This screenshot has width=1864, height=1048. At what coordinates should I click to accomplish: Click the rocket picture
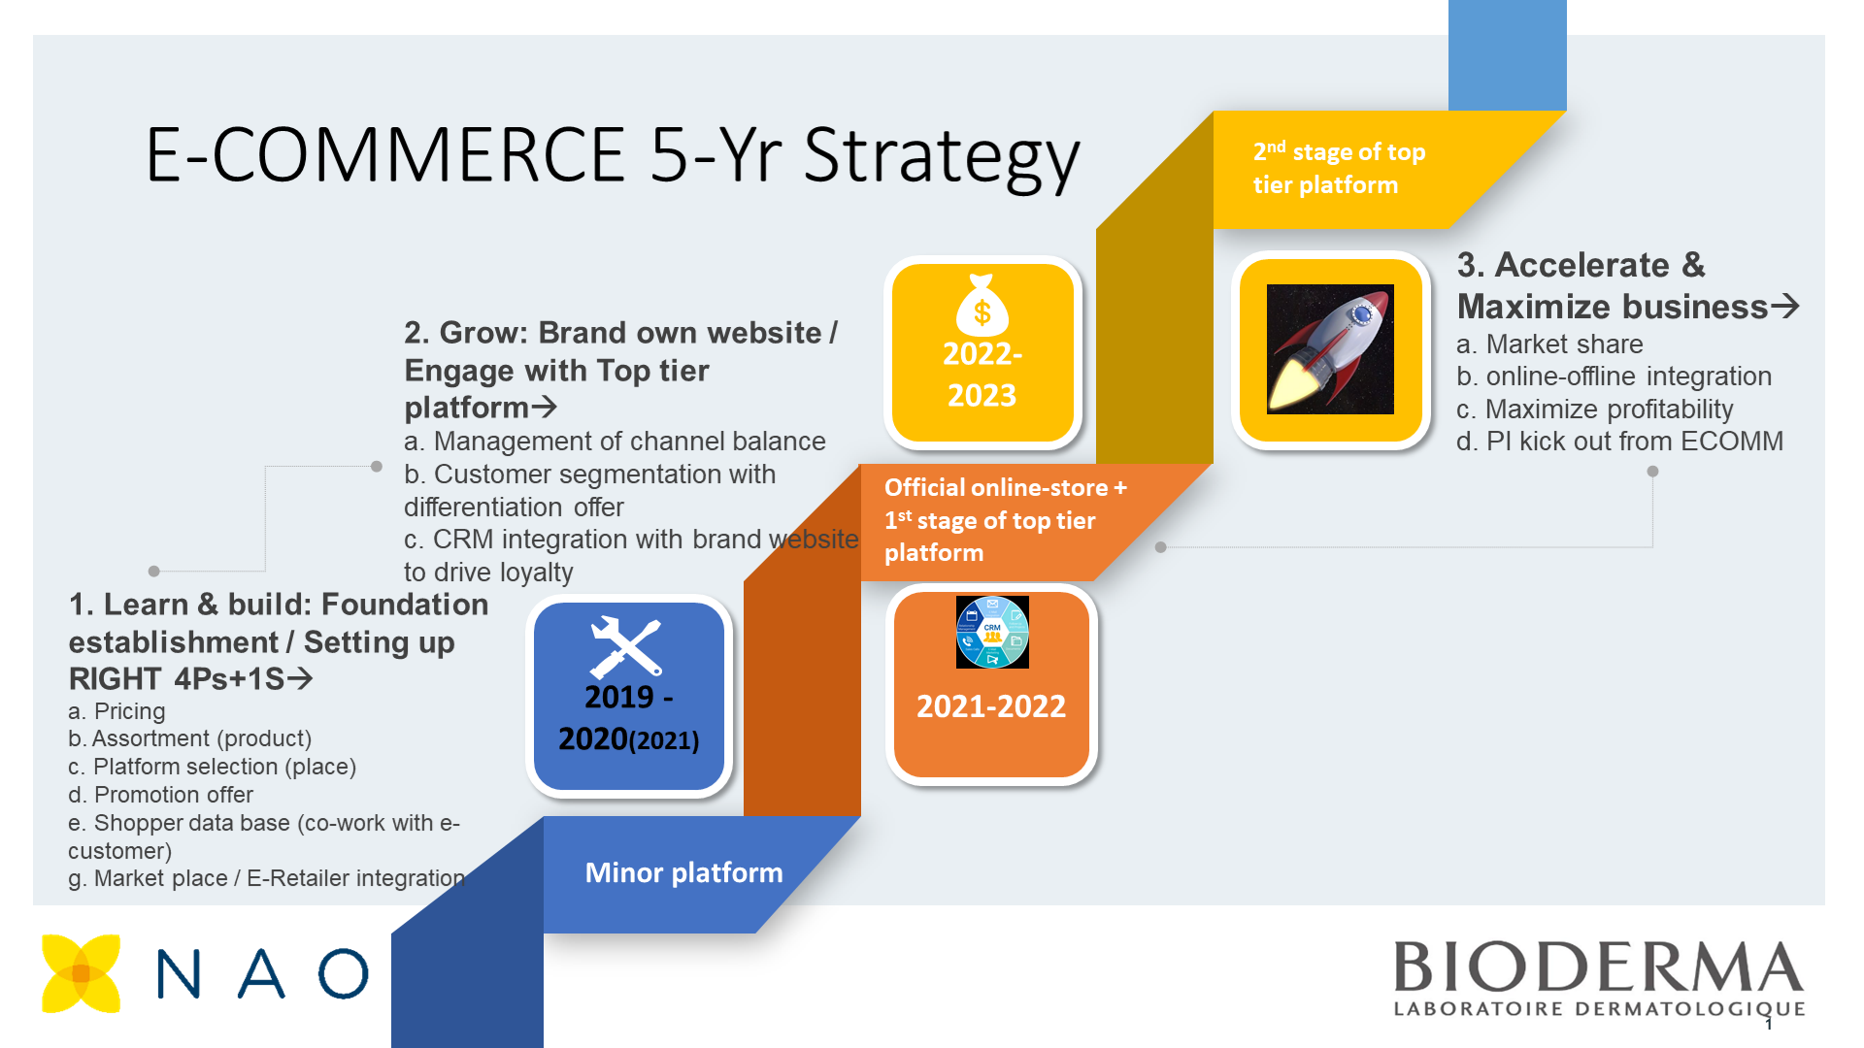1330,349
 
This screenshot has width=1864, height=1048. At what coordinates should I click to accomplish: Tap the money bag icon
982,305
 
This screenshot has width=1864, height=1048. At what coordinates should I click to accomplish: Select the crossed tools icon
626,647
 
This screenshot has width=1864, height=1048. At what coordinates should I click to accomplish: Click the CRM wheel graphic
992,632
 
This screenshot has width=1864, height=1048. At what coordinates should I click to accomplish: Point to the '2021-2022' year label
991,706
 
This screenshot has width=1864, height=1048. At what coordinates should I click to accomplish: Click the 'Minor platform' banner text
683,872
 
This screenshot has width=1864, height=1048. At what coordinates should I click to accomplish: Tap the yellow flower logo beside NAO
82,973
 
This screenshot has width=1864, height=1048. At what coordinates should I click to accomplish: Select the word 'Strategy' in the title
942,157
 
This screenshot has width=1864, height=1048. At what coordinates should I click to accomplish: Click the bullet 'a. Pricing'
116,711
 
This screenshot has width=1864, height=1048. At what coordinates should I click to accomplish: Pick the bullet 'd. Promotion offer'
160,795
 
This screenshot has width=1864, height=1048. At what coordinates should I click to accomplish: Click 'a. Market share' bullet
1549,344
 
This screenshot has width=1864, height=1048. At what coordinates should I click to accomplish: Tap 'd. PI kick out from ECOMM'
1619,442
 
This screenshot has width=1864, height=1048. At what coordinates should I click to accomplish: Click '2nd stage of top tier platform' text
1339,168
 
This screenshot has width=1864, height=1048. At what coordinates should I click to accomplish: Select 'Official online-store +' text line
1006,487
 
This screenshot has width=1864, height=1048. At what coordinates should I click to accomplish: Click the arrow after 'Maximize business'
1785,307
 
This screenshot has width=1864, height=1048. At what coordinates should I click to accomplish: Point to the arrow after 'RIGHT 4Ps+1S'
300,678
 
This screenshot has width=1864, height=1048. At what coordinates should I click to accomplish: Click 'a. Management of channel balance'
615,442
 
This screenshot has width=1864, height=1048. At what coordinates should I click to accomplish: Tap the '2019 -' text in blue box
629,698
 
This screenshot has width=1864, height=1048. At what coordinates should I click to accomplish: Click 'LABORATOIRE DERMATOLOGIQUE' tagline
1599,1009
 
